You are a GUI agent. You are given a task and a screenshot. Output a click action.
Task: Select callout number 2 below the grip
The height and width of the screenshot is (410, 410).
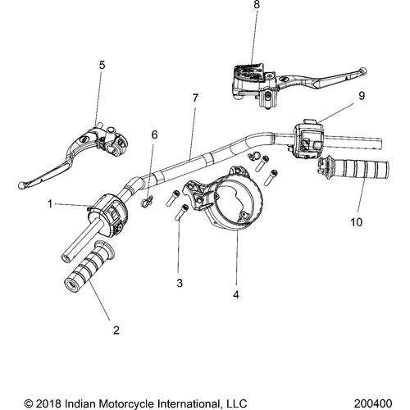pos(116,330)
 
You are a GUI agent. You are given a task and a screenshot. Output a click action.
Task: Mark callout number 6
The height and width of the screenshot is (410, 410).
pos(153,134)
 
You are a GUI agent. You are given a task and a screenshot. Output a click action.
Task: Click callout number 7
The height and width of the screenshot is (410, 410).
pos(195,98)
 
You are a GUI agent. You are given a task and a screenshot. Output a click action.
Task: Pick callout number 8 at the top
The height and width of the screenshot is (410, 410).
pos(257,6)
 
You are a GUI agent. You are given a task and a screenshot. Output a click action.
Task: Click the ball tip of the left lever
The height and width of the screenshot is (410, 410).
pos(21,184)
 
